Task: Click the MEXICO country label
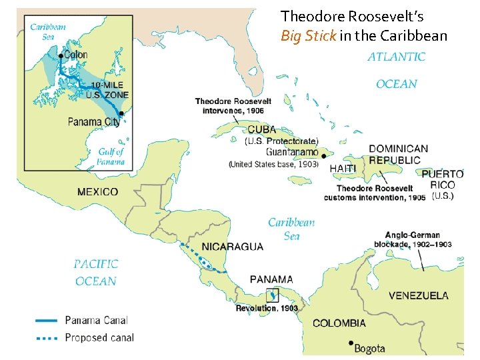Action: coord(97,192)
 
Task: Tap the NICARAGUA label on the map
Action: coord(232,247)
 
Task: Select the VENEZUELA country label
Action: coord(418,295)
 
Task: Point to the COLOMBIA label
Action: coord(339,323)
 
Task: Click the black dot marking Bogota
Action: coord(350,343)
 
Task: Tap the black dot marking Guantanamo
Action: coord(323,157)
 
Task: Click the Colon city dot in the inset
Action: coord(61,56)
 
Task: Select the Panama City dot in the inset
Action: coord(121,114)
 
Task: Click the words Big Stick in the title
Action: coord(309,35)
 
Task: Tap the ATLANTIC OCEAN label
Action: coord(396,70)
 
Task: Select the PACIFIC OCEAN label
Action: coord(97,272)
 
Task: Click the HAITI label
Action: coord(343,169)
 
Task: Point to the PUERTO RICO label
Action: coord(443,179)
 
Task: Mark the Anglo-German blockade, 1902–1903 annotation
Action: coord(418,239)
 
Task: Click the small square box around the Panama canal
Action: coord(272,295)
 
